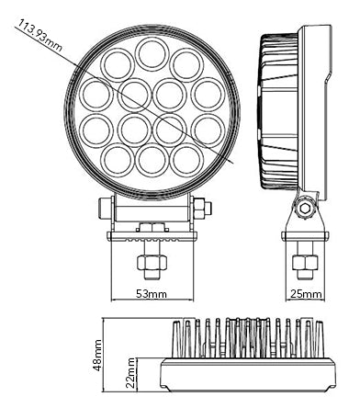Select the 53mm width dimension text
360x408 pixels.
pos(152,294)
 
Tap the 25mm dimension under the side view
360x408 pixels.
pos(306,294)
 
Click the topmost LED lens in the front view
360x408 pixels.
pos(152,54)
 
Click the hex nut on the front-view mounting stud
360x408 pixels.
pos(152,263)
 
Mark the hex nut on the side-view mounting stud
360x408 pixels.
pos(305,263)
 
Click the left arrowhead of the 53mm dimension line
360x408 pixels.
pos(114,300)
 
